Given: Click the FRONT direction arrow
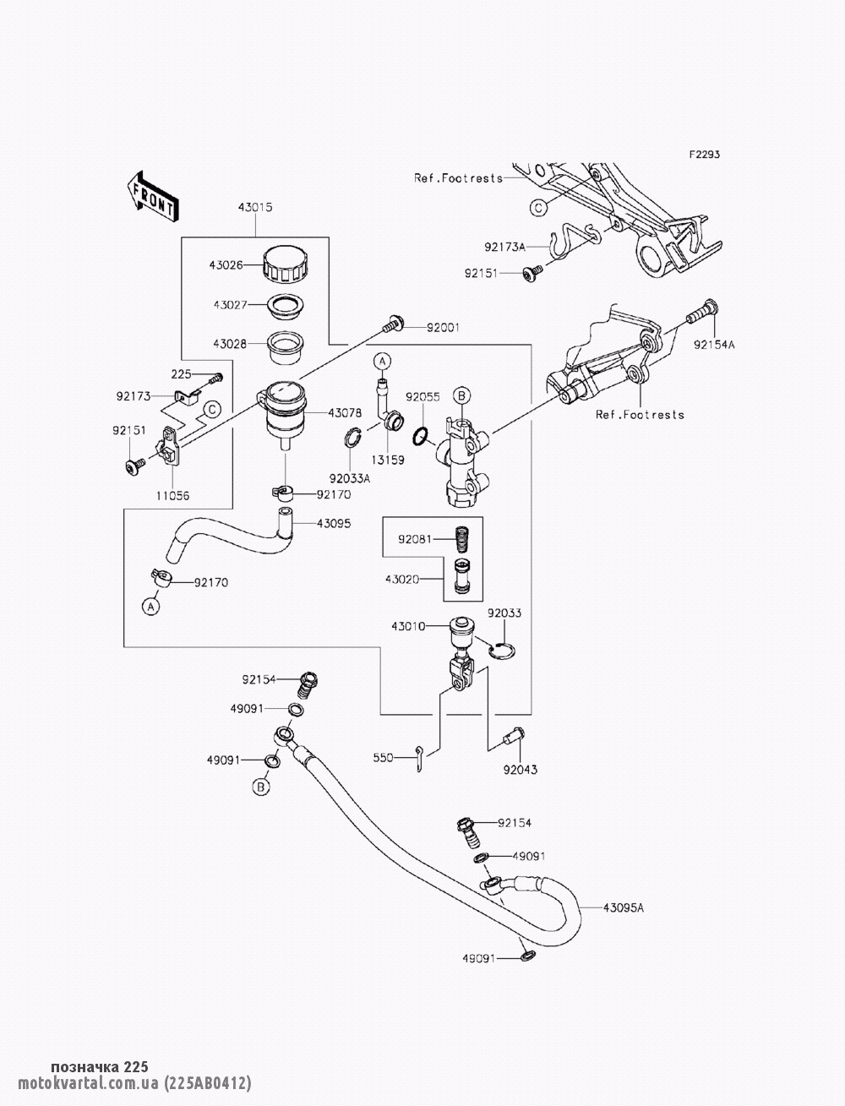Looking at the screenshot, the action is click(x=151, y=197).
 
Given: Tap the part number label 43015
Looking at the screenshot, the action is click(x=255, y=207).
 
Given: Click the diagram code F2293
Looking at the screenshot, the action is click(x=705, y=155).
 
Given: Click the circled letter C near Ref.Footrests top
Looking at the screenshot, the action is click(x=538, y=208).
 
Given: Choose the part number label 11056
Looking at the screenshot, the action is click(x=172, y=496).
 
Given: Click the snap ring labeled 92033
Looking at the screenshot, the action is click(x=501, y=651).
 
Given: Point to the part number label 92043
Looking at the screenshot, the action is click(x=520, y=770).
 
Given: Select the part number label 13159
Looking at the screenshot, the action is click(x=388, y=460).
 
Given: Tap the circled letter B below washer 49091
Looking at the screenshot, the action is click(x=261, y=787).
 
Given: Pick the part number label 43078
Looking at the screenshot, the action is click(x=345, y=413).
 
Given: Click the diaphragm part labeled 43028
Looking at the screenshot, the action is click(x=286, y=346).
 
